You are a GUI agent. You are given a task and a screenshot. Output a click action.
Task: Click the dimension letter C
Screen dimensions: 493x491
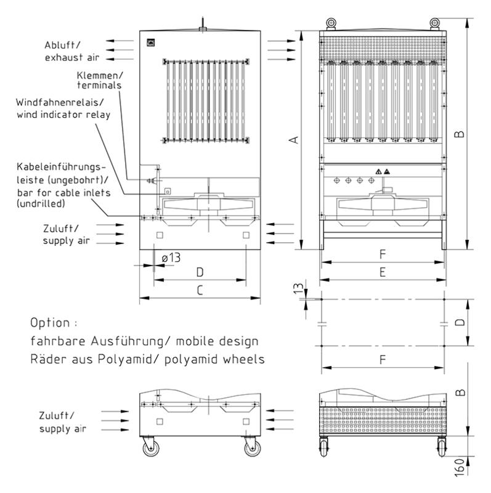click(200, 290)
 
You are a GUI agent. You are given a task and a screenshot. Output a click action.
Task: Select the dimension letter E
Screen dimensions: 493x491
click(382, 272)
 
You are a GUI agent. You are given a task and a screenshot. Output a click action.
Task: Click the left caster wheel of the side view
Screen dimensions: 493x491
click(149, 450)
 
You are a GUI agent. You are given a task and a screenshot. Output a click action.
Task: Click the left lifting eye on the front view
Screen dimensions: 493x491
click(331, 23)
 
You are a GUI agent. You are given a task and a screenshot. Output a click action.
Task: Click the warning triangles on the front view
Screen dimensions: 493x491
click(383, 170)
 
